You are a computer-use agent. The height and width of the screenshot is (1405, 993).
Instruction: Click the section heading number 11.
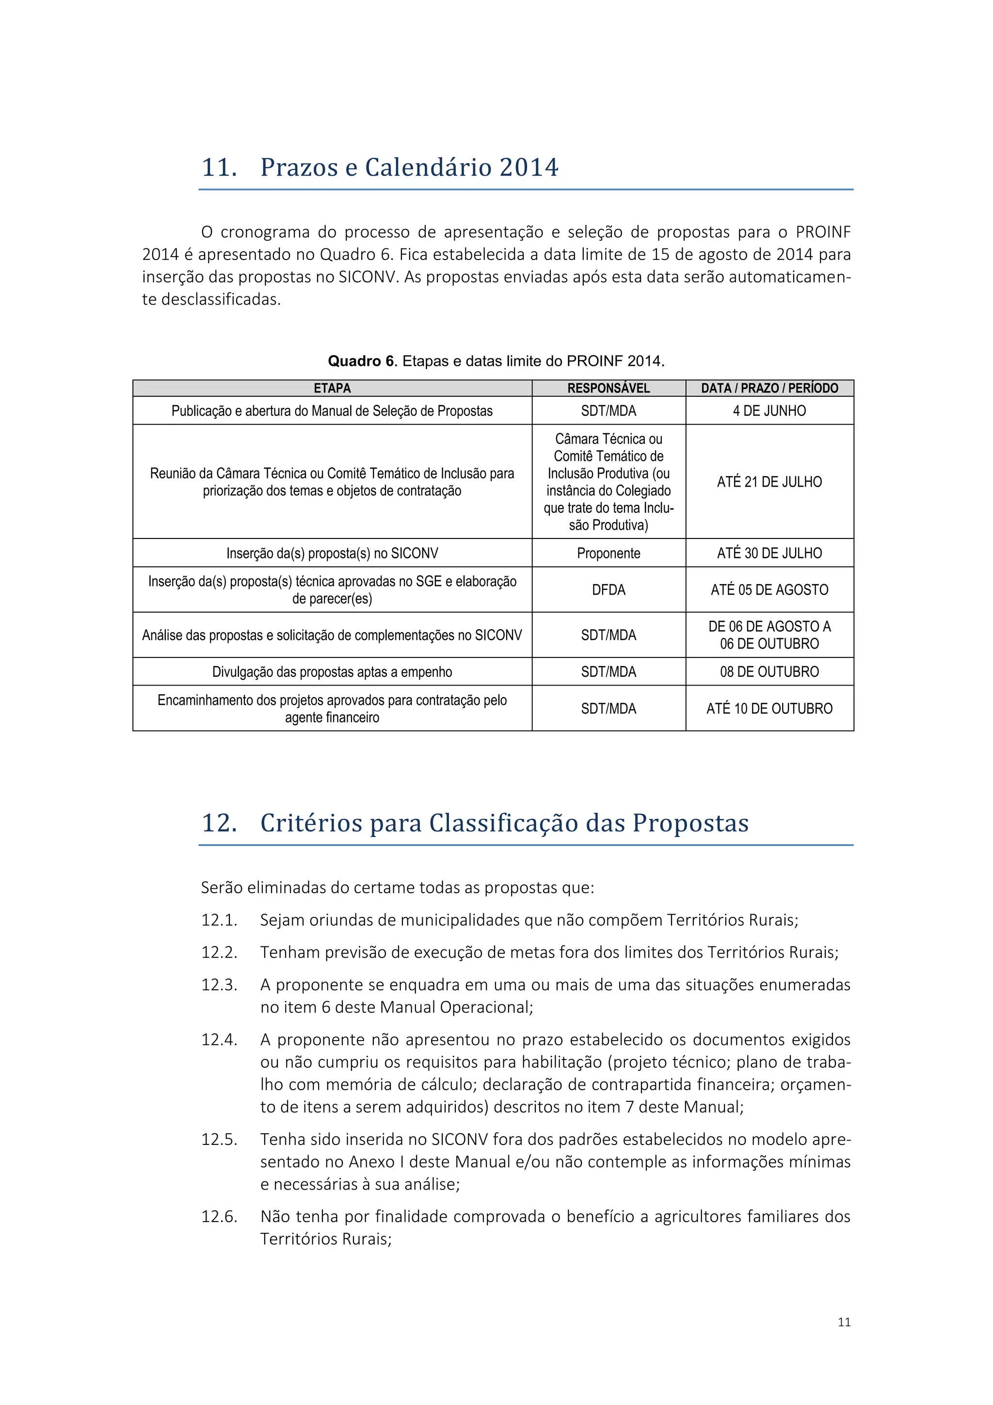tap(219, 168)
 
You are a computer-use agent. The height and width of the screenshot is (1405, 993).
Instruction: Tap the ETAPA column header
tap(332, 388)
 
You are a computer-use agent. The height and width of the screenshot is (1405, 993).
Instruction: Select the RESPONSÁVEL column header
tap(609, 388)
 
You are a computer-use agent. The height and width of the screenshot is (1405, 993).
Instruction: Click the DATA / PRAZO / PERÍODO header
tap(769, 388)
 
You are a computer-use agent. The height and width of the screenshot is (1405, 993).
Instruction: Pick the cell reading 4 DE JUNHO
tap(769, 410)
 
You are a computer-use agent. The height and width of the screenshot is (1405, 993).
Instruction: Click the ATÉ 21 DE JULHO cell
tap(769, 482)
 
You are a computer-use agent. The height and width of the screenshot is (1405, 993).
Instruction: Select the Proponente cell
tap(609, 553)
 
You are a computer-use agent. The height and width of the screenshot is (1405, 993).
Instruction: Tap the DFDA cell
tap(609, 590)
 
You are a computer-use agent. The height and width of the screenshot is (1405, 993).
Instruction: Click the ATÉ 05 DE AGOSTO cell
tap(769, 590)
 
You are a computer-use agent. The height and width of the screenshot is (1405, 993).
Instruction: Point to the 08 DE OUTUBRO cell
tap(769, 672)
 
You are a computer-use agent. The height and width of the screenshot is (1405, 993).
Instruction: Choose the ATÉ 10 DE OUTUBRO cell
tap(769, 709)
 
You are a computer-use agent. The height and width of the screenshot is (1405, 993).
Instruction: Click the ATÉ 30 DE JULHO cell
tap(769, 553)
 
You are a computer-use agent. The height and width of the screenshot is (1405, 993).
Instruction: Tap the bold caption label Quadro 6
tap(363, 361)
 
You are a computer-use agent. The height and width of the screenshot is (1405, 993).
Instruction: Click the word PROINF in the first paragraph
tap(822, 232)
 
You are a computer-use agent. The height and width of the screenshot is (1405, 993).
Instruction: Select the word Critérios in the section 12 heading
tap(311, 823)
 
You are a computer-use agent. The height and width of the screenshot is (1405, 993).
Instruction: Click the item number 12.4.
tap(219, 1040)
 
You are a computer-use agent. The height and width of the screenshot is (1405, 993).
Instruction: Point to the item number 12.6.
tap(219, 1217)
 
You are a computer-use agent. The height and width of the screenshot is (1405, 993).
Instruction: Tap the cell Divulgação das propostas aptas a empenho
tap(332, 672)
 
